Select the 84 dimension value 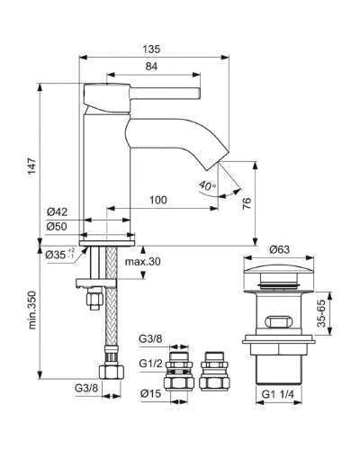[152, 65]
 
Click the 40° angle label [207, 186]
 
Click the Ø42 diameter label [57, 213]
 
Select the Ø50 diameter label [57, 227]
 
